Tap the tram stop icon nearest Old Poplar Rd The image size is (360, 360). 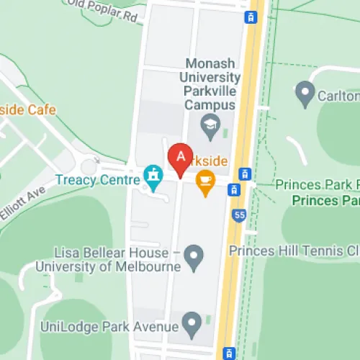[x=251, y=17]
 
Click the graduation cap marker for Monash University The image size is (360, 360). [x=210, y=125]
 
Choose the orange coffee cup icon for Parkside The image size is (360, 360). [x=206, y=181]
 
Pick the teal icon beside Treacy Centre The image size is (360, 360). [x=152, y=174]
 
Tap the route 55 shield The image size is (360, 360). [x=238, y=215]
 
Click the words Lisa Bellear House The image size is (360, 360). [x=112, y=253]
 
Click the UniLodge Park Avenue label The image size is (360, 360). [x=109, y=328]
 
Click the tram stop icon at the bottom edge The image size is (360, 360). [x=229, y=353]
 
